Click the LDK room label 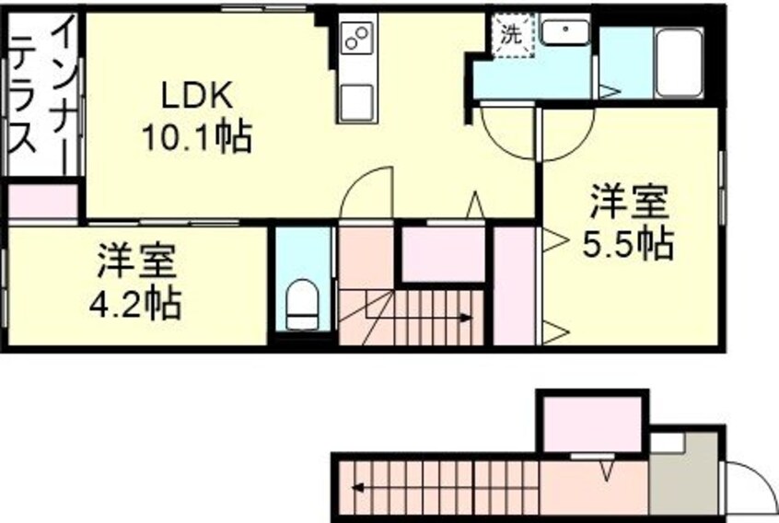click(x=199, y=95)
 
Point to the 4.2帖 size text click(x=135, y=301)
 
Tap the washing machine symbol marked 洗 click(x=509, y=37)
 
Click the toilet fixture click(x=301, y=304)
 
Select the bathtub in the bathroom click(x=680, y=61)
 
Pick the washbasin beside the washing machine click(x=564, y=33)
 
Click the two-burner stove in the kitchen click(x=356, y=38)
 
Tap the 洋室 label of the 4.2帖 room click(x=135, y=261)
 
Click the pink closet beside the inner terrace click(x=41, y=203)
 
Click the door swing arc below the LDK click(x=369, y=193)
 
